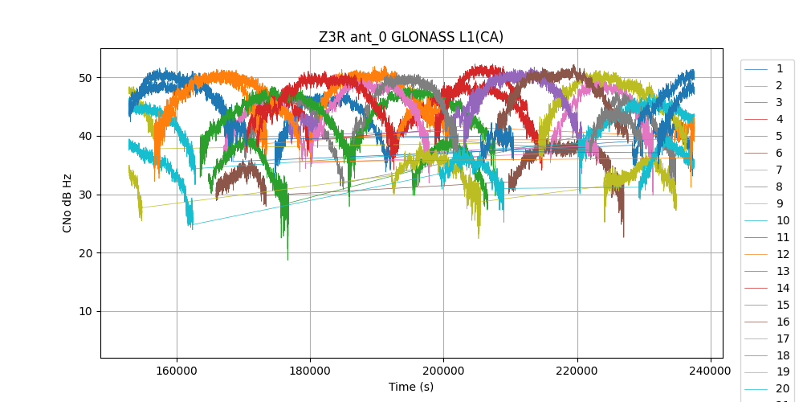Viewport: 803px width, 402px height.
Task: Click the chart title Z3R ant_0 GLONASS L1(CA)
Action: click(x=411, y=37)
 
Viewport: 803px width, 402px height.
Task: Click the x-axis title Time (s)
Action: click(x=411, y=387)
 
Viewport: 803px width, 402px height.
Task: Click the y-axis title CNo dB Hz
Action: click(x=67, y=203)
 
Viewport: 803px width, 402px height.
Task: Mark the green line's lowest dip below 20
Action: click(x=287, y=259)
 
